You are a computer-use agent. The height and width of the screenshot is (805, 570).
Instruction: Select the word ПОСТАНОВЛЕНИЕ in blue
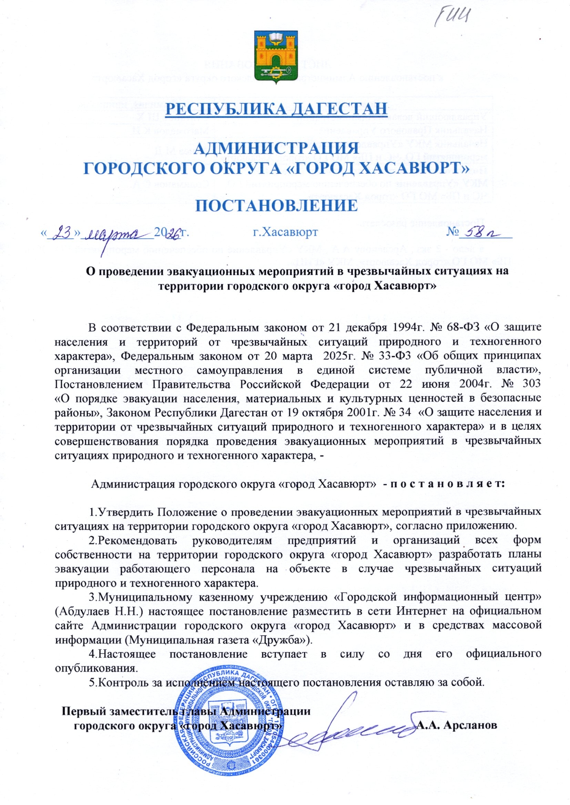coord(276,206)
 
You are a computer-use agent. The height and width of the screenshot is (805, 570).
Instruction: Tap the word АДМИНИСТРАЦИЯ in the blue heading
coord(276,148)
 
